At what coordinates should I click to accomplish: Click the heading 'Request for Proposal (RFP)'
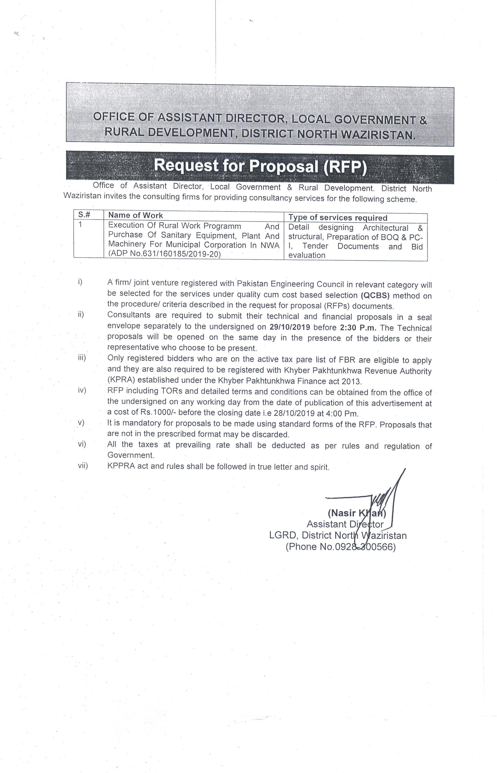260,166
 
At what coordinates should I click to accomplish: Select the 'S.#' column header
84,215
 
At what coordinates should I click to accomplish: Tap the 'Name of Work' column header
135,215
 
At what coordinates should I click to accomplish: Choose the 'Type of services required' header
338,218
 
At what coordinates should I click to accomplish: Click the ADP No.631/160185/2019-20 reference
165,254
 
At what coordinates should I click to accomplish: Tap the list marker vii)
83,466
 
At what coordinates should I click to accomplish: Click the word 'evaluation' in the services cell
307,255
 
